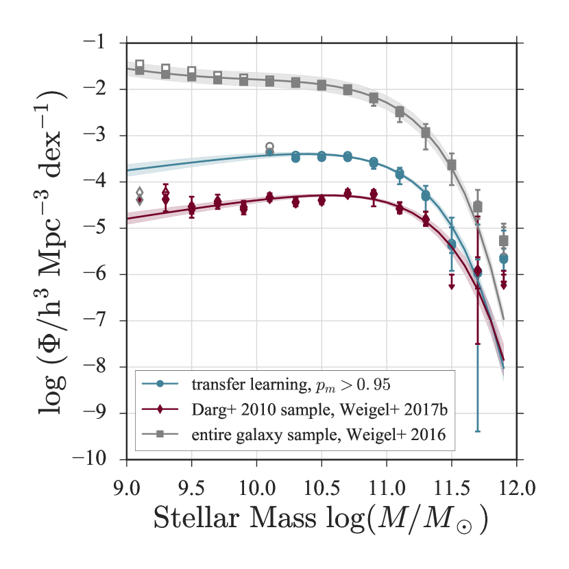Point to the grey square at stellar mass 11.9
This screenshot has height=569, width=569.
(x=503, y=241)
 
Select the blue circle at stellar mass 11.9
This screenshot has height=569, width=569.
(x=503, y=258)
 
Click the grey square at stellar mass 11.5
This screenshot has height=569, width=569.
(x=452, y=165)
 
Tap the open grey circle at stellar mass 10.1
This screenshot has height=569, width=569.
(x=269, y=146)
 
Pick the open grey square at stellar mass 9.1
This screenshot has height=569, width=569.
(x=140, y=64)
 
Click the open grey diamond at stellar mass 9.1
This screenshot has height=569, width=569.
(x=140, y=193)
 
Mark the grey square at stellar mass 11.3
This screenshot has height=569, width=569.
(x=426, y=132)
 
